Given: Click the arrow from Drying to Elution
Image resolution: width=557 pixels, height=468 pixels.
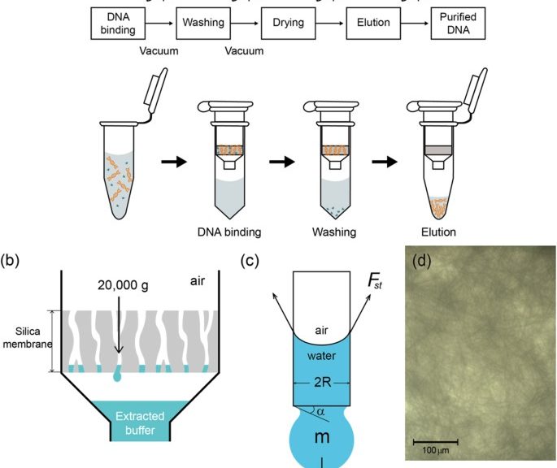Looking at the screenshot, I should [x=330, y=23].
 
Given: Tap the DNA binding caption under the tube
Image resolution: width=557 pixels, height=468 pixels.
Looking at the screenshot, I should [x=228, y=232].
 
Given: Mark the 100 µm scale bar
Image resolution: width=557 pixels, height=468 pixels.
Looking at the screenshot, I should [x=436, y=442].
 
